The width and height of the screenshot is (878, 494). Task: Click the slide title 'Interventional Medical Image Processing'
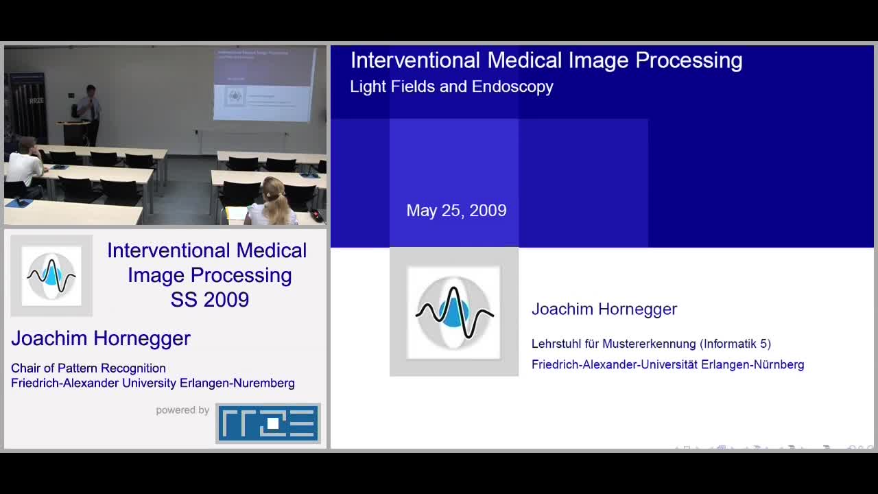click(546, 60)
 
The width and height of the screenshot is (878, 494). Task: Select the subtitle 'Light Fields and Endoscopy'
click(451, 86)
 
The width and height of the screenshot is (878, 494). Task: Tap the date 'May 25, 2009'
click(456, 211)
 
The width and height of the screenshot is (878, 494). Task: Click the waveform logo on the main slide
click(454, 312)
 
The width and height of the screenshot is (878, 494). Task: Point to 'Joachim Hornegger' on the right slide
click(604, 309)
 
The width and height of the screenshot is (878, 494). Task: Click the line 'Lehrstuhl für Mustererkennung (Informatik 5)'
click(651, 344)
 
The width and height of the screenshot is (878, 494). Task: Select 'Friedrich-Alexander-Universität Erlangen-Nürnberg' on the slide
click(667, 364)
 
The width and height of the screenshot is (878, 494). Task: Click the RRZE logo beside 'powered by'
click(268, 423)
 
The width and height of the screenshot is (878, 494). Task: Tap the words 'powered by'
click(182, 410)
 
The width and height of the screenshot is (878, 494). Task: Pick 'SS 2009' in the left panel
click(210, 300)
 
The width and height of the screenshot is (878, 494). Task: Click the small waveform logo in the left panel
click(51, 276)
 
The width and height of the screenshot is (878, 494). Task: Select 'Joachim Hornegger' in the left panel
click(101, 338)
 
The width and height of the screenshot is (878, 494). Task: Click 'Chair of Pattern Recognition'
click(88, 368)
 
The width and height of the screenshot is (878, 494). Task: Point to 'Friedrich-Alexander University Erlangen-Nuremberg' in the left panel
click(153, 383)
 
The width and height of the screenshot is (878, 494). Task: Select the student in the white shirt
click(25, 165)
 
